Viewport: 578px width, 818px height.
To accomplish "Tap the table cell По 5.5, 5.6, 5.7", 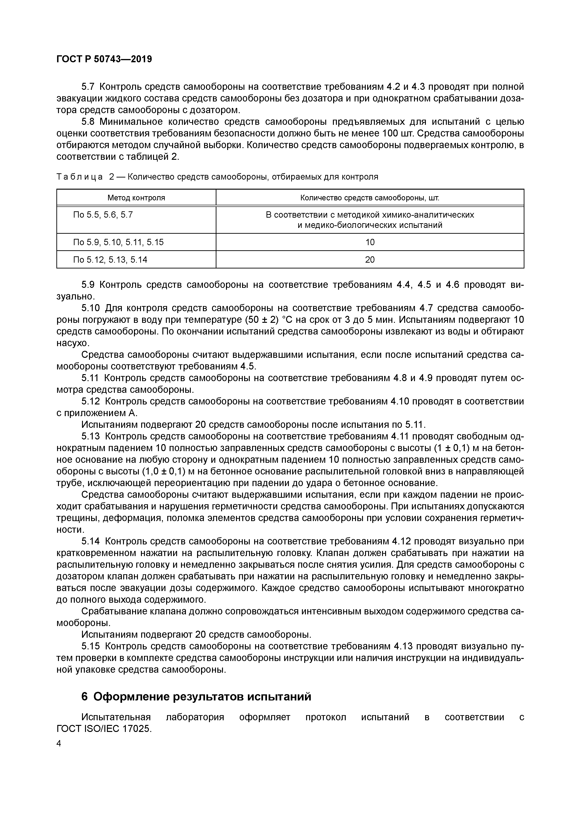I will tap(103, 215).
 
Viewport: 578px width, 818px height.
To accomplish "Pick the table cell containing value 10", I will tap(370, 242).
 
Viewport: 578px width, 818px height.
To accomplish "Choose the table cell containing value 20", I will tap(370, 260).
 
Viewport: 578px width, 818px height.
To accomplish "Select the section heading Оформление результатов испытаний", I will tap(202, 696).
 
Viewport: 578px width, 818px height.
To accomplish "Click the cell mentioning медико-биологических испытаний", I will tap(370, 225).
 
